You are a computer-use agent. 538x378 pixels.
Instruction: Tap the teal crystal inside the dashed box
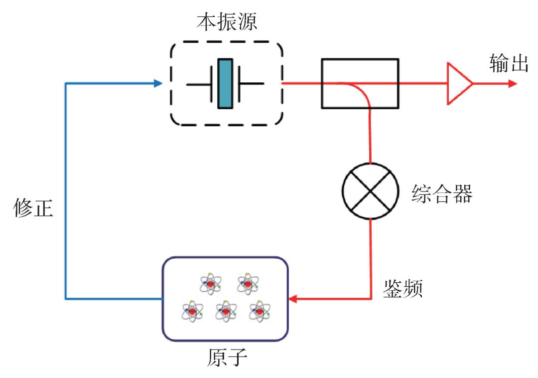pyautogui.click(x=225, y=83)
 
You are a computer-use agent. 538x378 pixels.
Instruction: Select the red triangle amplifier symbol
pyautogui.click(x=458, y=83)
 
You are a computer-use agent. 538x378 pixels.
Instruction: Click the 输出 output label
pyautogui.click(x=509, y=64)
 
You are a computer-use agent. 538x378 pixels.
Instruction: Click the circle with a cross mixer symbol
pyautogui.click(x=370, y=190)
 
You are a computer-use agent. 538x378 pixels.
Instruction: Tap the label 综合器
pyautogui.click(x=442, y=194)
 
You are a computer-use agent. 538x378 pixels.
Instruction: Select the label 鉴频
pyautogui.click(x=403, y=287)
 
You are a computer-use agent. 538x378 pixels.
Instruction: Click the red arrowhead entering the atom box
pyautogui.click(x=293, y=299)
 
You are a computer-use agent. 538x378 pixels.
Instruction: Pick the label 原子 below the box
pyautogui.click(x=226, y=357)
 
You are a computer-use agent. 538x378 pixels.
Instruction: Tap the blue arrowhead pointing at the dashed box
pyautogui.click(x=158, y=83)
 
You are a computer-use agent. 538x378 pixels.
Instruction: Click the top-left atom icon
pyautogui.click(x=210, y=283)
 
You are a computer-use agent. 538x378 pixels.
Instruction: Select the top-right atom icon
pyautogui.click(x=247, y=283)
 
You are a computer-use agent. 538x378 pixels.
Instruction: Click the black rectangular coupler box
pyautogui.click(x=359, y=83)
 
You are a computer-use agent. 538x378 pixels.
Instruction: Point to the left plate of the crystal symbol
pyautogui.click(x=213, y=83)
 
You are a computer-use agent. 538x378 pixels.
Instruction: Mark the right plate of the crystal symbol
pyautogui.click(x=238, y=83)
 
